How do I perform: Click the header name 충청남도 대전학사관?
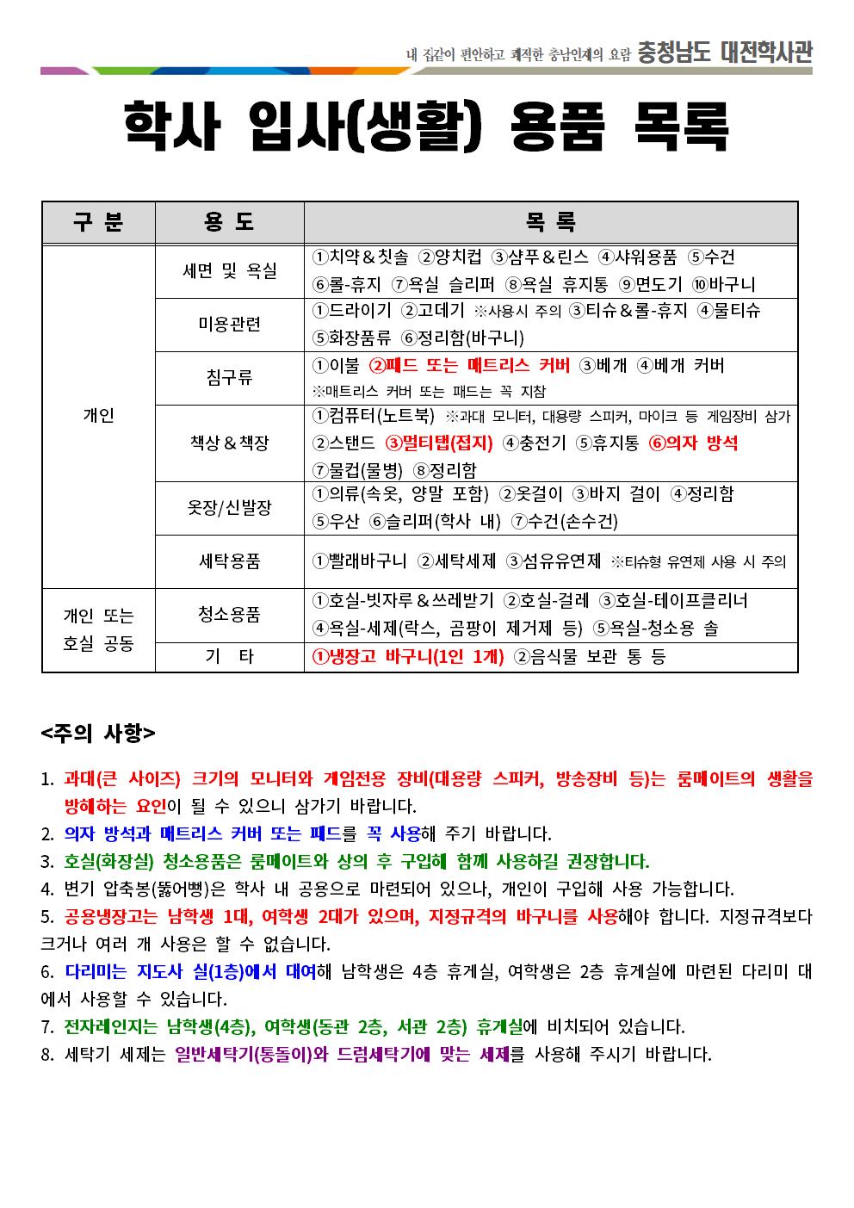point(724,53)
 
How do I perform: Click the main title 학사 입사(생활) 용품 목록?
point(426,126)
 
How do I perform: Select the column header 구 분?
point(98,222)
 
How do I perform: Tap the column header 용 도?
point(229,222)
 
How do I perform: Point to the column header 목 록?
point(550,222)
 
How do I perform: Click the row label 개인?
point(98,416)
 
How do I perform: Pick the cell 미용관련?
point(229,324)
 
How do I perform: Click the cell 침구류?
point(229,377)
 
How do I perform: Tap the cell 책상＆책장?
point(229,443)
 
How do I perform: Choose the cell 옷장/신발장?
point(229,508)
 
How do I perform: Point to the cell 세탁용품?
point(229,561)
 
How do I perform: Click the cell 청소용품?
point(229,614)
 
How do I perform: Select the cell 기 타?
point(229,657)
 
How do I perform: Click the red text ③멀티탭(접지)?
point(438,443)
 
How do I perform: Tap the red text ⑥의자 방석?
point(693,443)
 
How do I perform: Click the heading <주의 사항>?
point(98,734)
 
